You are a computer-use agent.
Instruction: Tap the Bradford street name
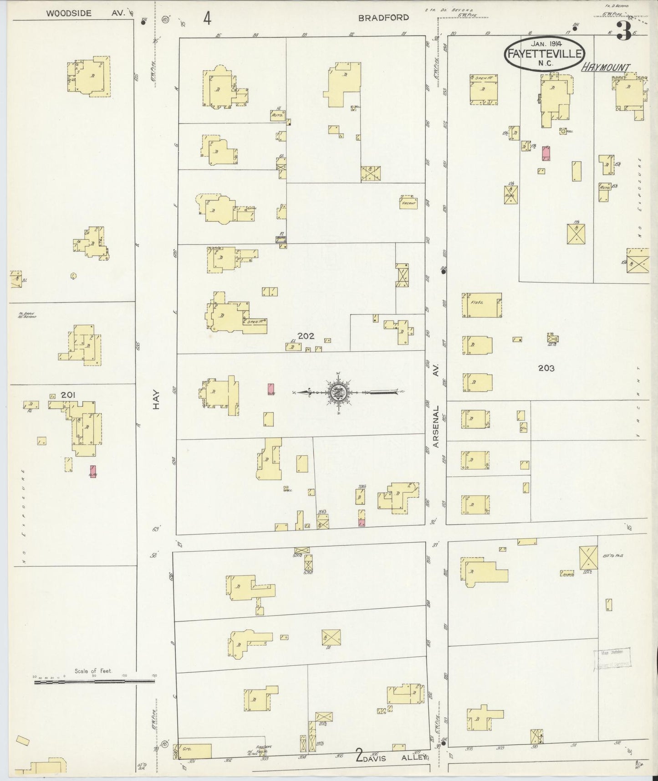click(383, 18)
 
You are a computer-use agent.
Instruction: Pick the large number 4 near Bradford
click(207, 19)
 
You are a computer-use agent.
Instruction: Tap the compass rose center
click(339, 391)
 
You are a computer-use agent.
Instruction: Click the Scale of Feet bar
click(94, 682)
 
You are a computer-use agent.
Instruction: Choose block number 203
click(546, 368)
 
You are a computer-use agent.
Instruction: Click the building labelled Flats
click(482, 305)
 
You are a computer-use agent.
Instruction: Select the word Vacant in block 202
click(408, 203)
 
